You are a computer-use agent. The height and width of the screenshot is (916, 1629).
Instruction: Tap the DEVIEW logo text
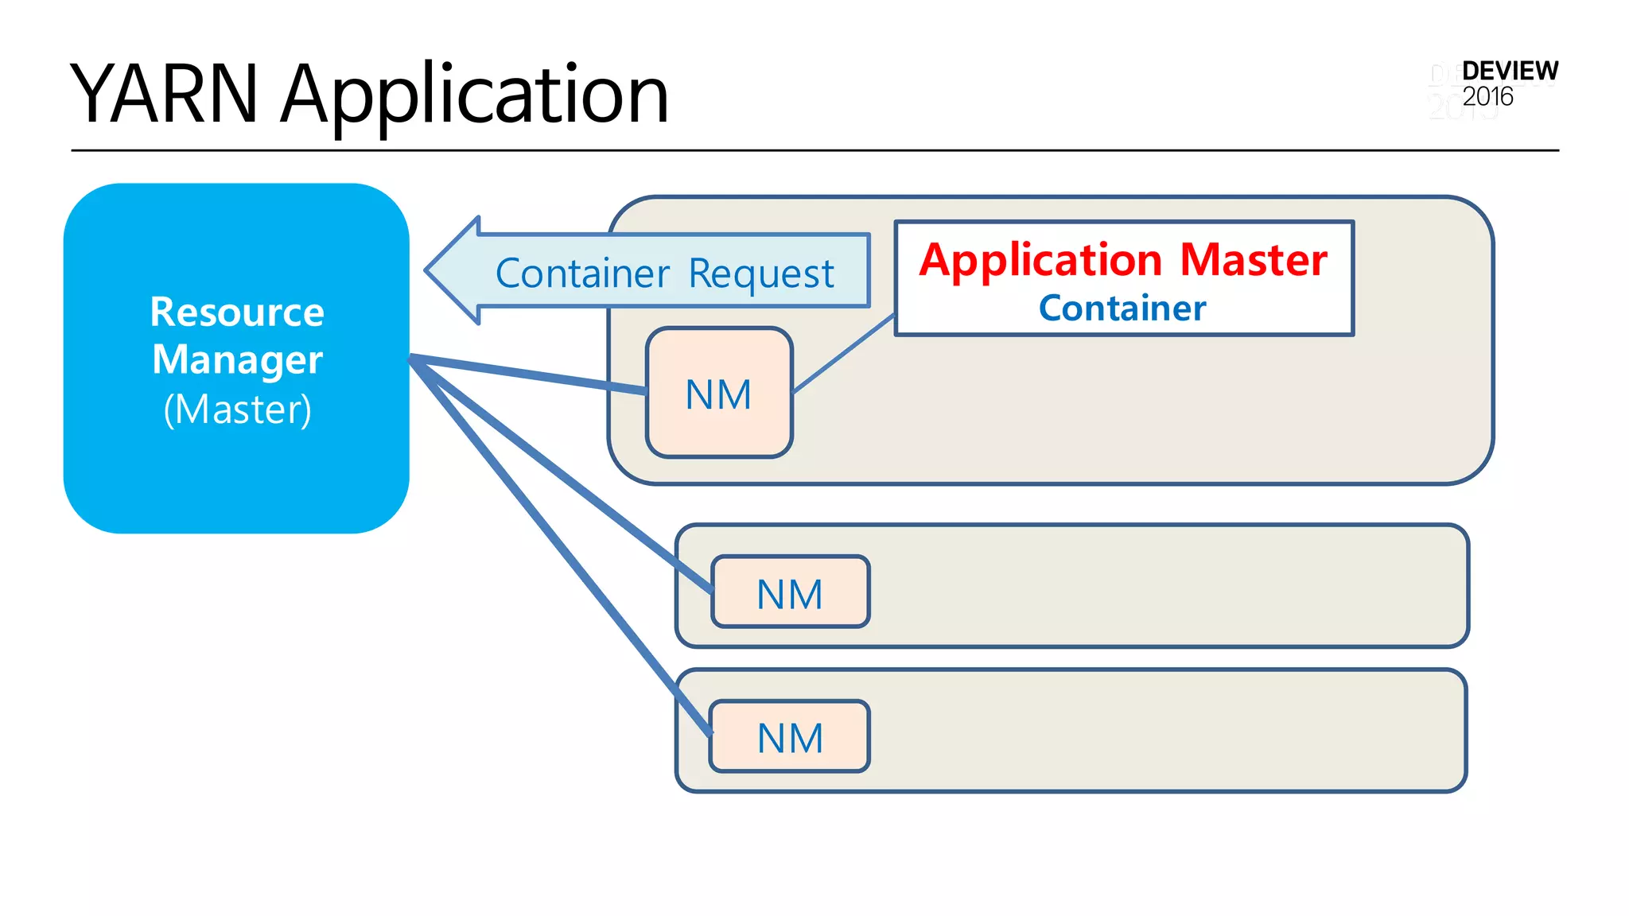click(1509, 71)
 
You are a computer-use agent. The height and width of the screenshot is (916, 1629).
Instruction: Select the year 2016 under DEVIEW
click(1487, 97)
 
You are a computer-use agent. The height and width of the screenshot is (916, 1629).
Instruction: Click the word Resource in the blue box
click(237, 312)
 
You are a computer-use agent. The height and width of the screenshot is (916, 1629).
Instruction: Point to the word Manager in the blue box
click(237, 359)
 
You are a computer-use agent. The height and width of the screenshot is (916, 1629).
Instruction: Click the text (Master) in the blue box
click(237, 409)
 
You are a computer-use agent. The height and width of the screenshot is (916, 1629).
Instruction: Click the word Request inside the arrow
click(760, 274)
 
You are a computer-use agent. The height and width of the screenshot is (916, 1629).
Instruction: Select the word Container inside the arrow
click(582, 274)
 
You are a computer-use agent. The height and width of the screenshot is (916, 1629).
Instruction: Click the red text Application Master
click(1122, 260)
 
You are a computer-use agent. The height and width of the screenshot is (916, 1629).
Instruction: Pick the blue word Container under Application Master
click(1122, 309)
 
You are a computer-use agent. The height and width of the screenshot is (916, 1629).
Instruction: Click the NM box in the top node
click(719, 394)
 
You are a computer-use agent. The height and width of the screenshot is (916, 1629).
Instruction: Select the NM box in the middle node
click(790, 593)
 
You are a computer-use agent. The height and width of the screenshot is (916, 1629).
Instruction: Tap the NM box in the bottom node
click(790, 737)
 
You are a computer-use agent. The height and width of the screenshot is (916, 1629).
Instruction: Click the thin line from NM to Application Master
click(844, 354)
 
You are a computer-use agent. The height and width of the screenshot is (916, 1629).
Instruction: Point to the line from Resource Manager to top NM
click(529, 374)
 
